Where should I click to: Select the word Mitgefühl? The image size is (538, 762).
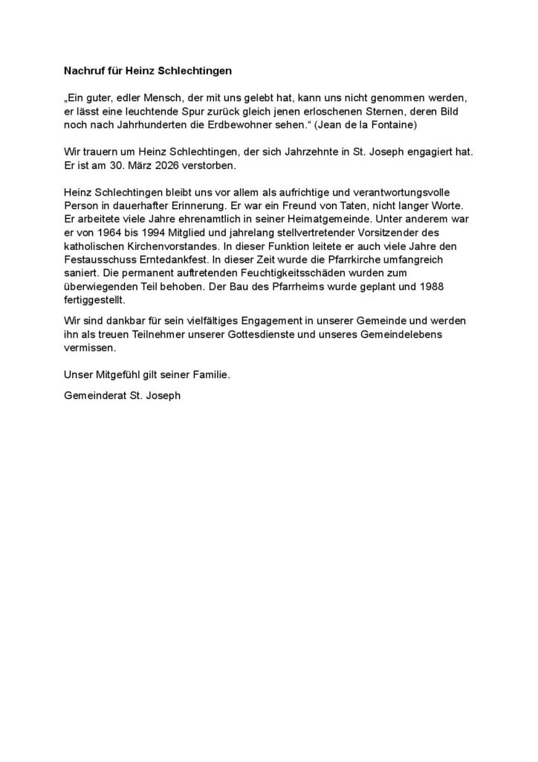(124, 376)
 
